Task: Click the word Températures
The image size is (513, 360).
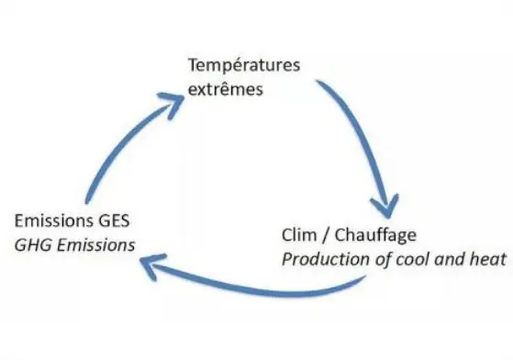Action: pyautogui.click(x=243, y=67)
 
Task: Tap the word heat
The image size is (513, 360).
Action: pyautogui.click(x=485, y=260)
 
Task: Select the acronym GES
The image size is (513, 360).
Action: pyautogui.click(x=116, y=222)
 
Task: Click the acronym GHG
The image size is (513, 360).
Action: pyautogui.click(x=32, y=245)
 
